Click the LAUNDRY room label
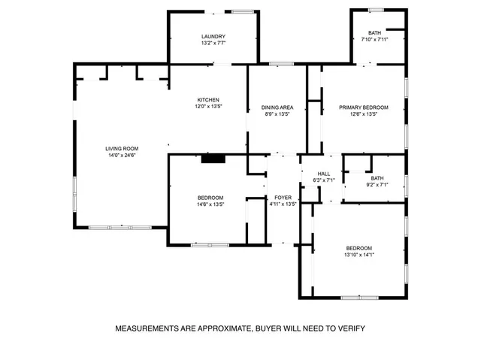[x=213, y=37]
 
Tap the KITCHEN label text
[x=208, y=100]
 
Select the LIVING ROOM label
[x=122, y=148]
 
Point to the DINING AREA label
[x=277, y=107]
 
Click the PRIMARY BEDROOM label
[x=363, y=107]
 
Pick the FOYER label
[x=283, y=197]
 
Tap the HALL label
[x=323, y=174]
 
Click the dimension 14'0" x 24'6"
[x=122, y=155]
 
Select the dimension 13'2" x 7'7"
[x=213, y=44]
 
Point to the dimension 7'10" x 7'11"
[x=374, y=38]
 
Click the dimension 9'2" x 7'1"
[x=377, y=184]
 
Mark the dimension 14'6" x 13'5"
[x=210, y=204]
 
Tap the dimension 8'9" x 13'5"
[x=277, y=114]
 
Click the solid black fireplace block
[x=213, y=158]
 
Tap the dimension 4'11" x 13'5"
[x=283, y=204]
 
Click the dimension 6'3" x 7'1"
[x=323, y=180]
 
